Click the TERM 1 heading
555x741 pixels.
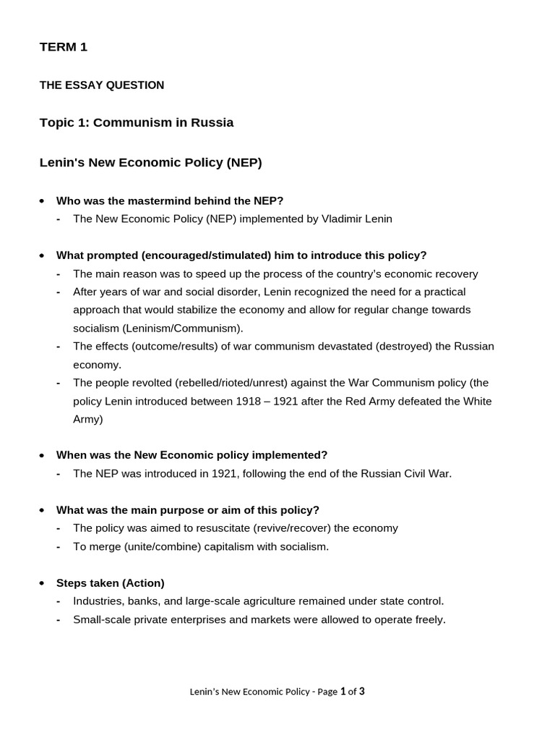63,48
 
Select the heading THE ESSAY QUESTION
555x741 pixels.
101,85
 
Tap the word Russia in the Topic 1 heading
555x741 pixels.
212,123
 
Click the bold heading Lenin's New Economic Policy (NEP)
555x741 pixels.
150,163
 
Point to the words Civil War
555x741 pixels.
426,474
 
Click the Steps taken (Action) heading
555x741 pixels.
111,583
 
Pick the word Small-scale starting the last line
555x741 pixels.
101,620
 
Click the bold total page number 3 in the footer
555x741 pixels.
362,692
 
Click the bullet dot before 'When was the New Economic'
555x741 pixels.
43,456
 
